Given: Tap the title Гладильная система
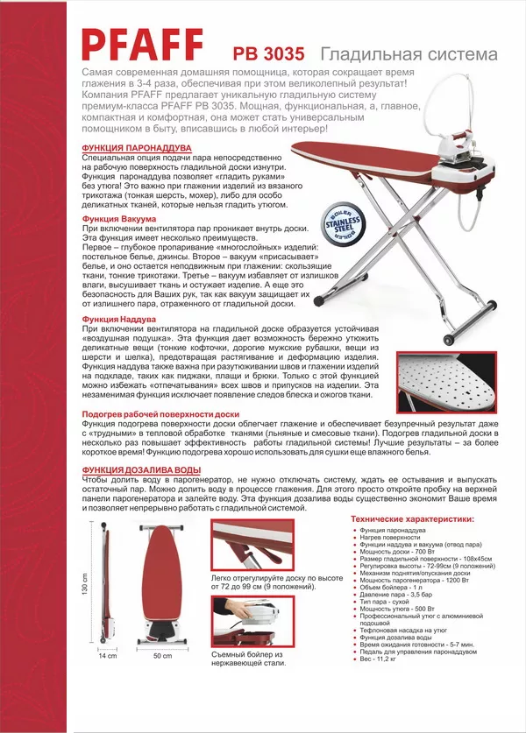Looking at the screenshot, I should click(409, 54).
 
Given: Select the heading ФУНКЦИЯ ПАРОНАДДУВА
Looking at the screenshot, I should click(135, 148).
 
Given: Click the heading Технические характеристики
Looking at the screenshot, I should click(412, 519).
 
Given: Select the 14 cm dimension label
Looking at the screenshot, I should click(107, 655).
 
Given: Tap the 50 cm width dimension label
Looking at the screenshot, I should click(162, 655).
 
